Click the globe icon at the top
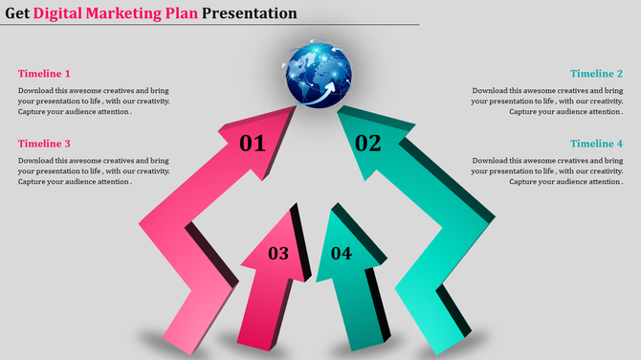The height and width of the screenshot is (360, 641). point(317,72)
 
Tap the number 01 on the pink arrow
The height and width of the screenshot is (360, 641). point(252,145)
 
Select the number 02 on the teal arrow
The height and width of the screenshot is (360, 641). point(367,144)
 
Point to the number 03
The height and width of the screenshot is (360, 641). point(277,254)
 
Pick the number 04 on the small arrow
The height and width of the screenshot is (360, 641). point(342,254)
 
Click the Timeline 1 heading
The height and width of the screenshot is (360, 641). point(44,74)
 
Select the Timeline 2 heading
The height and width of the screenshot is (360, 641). point(596,74)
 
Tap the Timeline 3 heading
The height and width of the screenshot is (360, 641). point(44,144)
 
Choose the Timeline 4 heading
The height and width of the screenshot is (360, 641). point(596,144)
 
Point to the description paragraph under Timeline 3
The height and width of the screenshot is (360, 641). point(94,170)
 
